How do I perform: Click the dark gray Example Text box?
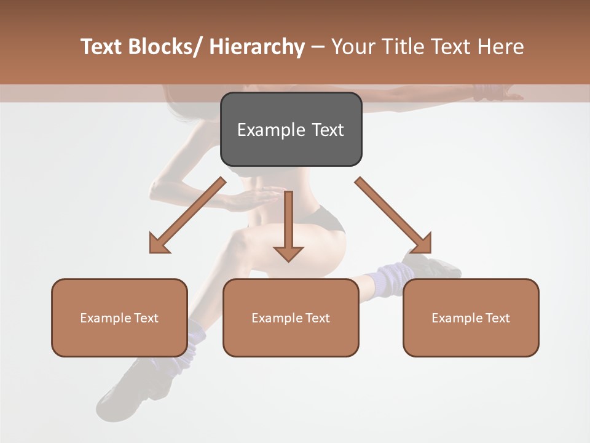click(x=291, y=129)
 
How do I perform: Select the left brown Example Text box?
click(x=119, y=317)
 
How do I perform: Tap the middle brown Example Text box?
click(x=291, y=317)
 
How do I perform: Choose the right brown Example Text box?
click(x=471, y=317)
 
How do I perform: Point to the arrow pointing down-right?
click(x=394, y=216)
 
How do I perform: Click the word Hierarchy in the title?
click(x=257, y=47)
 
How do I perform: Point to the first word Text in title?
click(x=103, y=47)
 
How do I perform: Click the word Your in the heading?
click(x=353, y=47)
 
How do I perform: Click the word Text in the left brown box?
click(x=146, y=317)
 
